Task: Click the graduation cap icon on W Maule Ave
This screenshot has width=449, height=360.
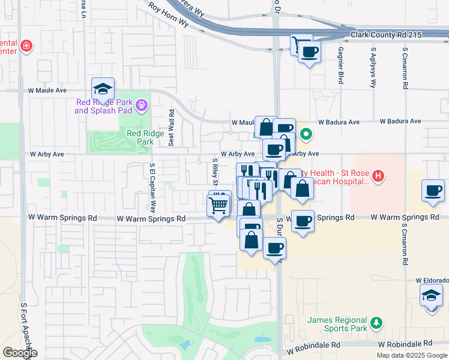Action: tap(103, 89)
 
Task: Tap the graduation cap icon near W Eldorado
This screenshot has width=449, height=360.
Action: tap(431, 295)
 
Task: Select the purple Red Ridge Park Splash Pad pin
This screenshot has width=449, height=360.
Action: tap(142, 106)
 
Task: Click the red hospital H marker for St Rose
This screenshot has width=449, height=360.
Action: tap(378, 176)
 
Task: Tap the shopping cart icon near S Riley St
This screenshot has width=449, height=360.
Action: tap(219, 205)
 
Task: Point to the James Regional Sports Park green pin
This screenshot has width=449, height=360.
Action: tap(376, 323)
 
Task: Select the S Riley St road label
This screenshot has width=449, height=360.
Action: tap(215, 172)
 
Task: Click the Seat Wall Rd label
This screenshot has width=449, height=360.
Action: tap(172, 128)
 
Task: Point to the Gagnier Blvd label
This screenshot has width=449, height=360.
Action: tap(340, 65)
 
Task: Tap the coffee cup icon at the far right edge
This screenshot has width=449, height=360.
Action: tap(433, 191)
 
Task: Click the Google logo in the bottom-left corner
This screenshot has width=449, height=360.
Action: tap(20, 353)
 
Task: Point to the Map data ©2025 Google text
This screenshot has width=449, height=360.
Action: tap(412, 355)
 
